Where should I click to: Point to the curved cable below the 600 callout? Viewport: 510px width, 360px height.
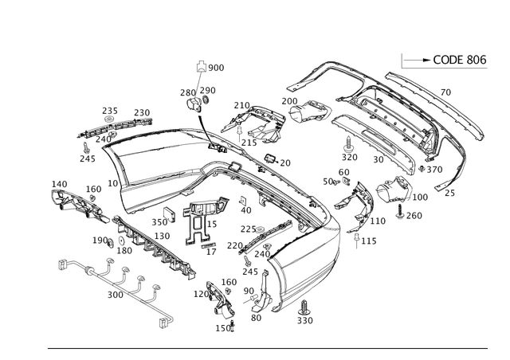pyautogui.click(x=202, y=119)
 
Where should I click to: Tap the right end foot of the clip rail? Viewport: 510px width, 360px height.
pyautogui.click(x=166, y=323)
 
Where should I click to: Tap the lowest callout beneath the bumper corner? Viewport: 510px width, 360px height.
pyautogui.click(x=304, y=319)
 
